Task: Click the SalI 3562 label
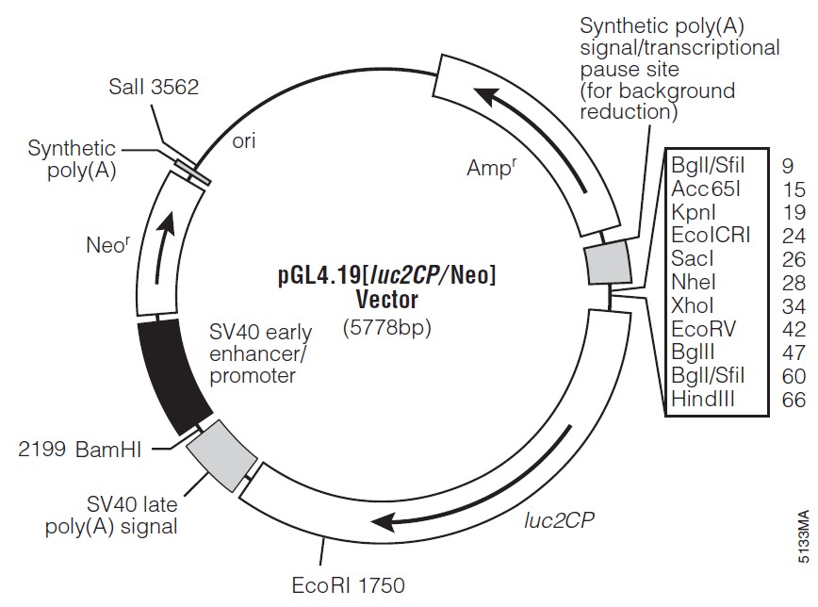tap(153, 88)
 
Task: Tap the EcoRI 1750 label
tap(348, 584)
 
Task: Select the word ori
tap(243, 140)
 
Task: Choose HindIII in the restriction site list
tap(706, 400)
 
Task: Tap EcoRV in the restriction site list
tap(703, 329)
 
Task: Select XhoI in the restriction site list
tap(693, 305)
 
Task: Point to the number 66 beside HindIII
tap(793, 400)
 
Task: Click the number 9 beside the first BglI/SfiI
tap(787, 165)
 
